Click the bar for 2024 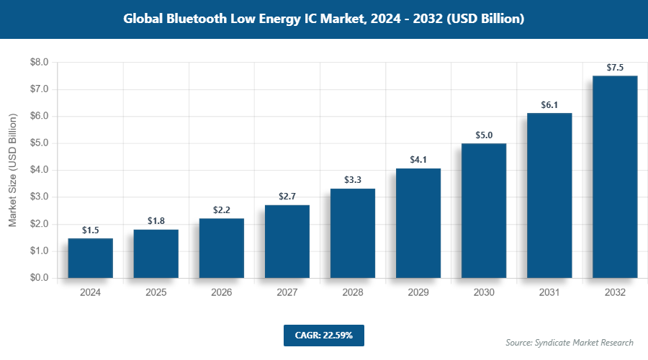tap(90, 258)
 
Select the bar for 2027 tap(287, 241)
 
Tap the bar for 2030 tap(483, 210)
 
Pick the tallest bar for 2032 tap(614, 176)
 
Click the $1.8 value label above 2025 tap(156, 221)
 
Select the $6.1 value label tap(549, 104)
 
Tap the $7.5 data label tap(614, 67)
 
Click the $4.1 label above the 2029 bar tap(418, 159)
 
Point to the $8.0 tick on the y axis tap(38, 63)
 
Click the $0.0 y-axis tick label tap(38, 278)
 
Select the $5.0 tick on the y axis tap(38, 143)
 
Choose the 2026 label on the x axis tap(221, 292)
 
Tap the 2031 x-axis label tap(549, 292)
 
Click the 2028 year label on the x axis tap(352, 292)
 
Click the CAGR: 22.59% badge tap(323, 335)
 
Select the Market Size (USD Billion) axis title tap(12, 171)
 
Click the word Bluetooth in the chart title tap(197, 19)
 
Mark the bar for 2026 tap(221, 248)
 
